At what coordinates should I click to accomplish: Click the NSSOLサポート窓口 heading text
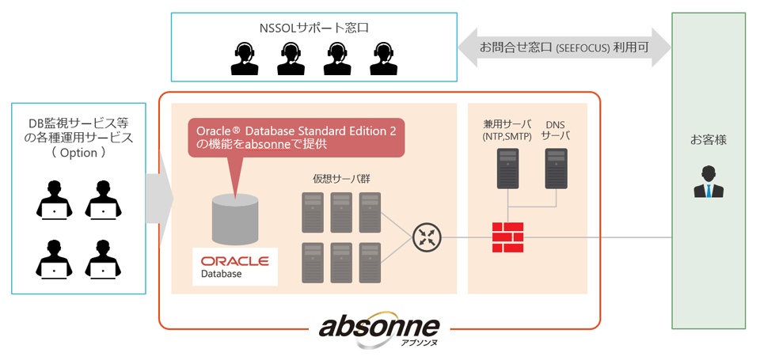click(314, 28)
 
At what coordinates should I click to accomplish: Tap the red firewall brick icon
click(507, 237)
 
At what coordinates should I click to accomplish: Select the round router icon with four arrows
click(426, 237)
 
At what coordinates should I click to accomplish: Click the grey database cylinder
click(234, 219)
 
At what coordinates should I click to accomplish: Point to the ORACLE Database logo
click(234, 267)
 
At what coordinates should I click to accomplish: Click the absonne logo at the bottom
click(379, 330)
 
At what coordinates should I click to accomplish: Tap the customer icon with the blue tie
click(708, 182)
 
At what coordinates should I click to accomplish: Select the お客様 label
click(708, 141)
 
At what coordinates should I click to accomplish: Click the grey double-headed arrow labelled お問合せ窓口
click(564, 47)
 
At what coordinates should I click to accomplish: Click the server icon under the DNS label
click(556, 168)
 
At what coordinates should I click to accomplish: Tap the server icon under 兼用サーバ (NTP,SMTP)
click(507, 168)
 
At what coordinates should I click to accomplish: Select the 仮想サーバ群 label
click(342, 179)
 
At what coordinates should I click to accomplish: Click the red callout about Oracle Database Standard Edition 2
click(295, 138)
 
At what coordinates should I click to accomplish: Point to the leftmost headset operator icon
click(245, 58)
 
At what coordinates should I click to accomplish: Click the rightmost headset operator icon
click(383, 58)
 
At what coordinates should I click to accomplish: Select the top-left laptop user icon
click(55, 199)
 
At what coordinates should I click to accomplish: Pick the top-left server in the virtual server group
click(313, 212)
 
